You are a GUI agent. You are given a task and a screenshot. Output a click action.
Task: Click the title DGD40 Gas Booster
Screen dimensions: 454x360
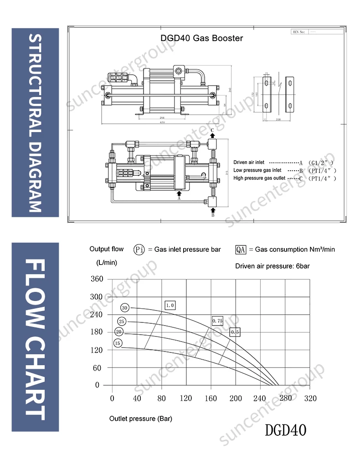coord(201,38)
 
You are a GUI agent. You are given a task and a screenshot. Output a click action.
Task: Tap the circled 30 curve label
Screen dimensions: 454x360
coord(125,308)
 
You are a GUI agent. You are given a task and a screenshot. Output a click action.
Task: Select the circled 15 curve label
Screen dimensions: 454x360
coord(118,343)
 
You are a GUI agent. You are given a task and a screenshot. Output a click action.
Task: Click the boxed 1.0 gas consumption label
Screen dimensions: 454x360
coord(170,305)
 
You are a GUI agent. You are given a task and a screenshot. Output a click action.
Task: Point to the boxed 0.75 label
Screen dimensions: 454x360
coord(217,321)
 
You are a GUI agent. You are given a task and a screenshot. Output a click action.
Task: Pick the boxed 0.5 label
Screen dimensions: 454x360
coord(235,332)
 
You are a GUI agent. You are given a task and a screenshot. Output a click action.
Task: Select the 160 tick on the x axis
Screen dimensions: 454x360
coord(211,398)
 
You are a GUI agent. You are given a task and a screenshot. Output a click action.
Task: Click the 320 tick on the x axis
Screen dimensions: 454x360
coord(310,398)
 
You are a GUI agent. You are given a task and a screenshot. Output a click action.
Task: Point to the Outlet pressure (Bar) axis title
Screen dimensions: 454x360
coord(141,418)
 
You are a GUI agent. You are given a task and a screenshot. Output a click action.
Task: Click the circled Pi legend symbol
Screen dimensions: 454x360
coord(139,250)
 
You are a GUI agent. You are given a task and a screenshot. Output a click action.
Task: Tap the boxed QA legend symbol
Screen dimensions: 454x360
coord(241,250)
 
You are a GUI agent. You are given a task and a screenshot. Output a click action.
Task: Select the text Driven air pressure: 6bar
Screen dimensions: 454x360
coord(273,265)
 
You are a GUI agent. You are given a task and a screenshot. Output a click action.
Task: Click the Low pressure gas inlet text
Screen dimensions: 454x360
coord(257,170)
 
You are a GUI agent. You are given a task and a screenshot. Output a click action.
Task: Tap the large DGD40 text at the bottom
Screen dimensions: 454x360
coord(286,430)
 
